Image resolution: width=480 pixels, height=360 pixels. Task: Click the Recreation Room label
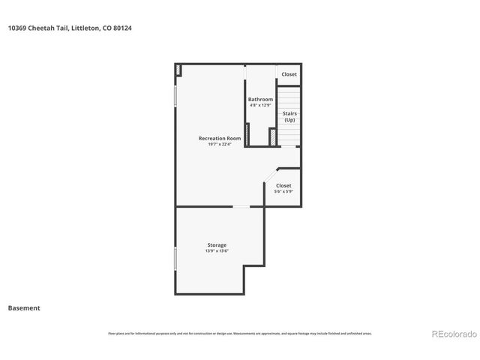coord(219,138)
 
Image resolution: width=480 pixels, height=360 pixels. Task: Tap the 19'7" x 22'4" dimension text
coord(219,144)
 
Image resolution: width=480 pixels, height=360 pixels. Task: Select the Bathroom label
coord(260,99)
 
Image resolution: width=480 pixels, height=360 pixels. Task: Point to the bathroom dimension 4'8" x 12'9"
coord(260,105)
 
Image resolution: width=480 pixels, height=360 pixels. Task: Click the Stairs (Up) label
coord(289,116)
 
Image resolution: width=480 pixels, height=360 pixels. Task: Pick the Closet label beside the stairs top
coord(289,74)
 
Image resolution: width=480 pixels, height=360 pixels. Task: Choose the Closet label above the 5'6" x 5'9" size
coord(283,185)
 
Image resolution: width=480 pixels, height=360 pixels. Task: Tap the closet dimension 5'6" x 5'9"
coord(283,191)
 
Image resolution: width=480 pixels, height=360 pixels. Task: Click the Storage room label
coord(217,245)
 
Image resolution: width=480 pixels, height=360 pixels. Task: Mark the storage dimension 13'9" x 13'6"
coord(217,251)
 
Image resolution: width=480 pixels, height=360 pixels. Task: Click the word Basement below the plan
coord(24,307)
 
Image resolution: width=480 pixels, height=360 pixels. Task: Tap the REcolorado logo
coord(452,334)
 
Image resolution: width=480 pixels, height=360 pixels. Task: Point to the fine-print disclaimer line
coord(240,333)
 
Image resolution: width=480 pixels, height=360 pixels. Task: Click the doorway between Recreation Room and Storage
coord(241,206)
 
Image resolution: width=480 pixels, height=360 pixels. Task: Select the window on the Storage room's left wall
coord(175,258)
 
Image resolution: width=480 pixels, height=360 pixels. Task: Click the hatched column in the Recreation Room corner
coord(178,70)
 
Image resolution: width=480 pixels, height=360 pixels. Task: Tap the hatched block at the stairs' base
coord(273,138)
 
